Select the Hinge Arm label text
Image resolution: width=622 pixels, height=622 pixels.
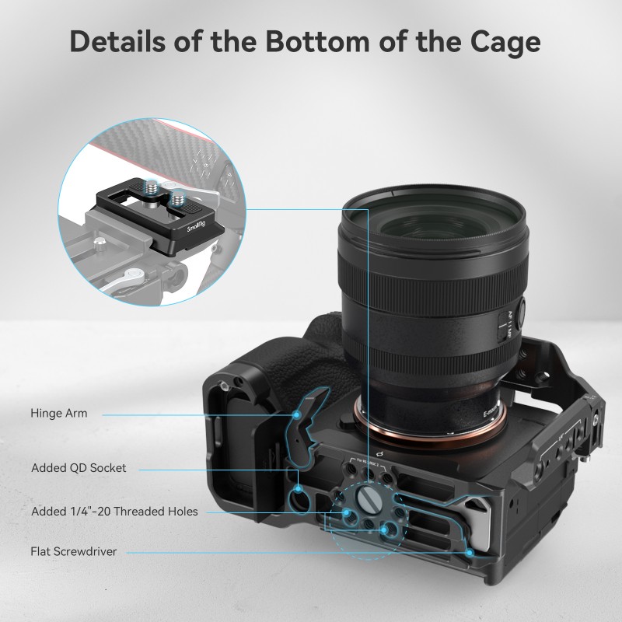click(59, 414)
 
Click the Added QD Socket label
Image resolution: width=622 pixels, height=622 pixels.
click(79, 468)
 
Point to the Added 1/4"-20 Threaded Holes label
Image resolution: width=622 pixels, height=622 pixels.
click(114, 512)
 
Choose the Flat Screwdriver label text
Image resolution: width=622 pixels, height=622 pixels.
click(73, 552)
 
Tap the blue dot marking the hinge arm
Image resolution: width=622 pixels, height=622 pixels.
click(296, 414)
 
